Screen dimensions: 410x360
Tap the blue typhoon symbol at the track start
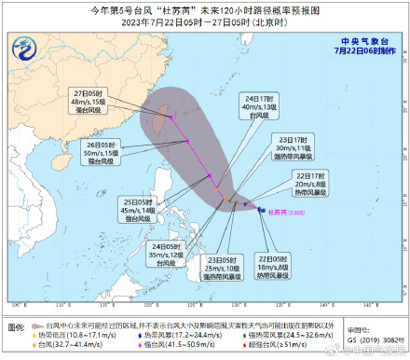coord(260,210)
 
